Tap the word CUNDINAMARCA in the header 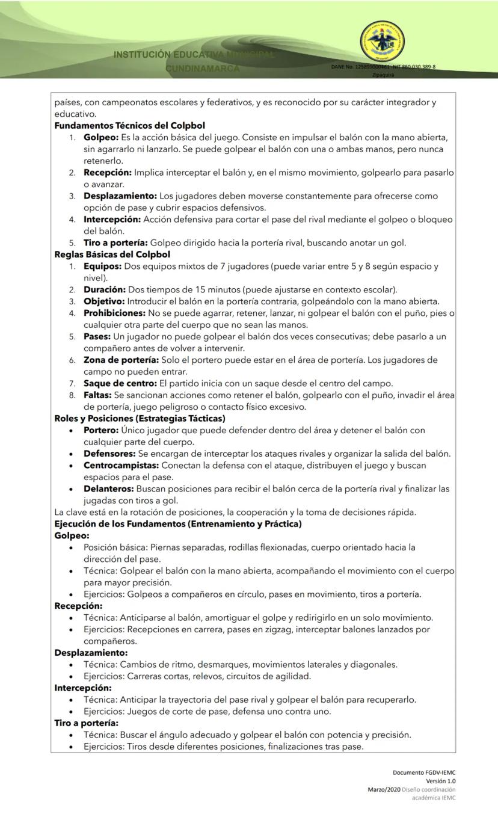[x=203, y=69]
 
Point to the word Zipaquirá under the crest [x=383, y=75]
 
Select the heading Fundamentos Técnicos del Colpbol [x=129, y=126]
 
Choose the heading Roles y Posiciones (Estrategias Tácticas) [x=140, y=418]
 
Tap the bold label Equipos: [x=102, y=266]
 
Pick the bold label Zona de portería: [x=121, y=360]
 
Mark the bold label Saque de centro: [x=120, y=383]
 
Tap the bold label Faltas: [x=97, y=395]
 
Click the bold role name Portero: [x=100, y=430]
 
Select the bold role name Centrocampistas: [x=121, y=465]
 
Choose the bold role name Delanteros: [x=108, y=489]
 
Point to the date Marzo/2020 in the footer [x=384, y=789]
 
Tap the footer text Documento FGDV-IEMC [x=424, y=772]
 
